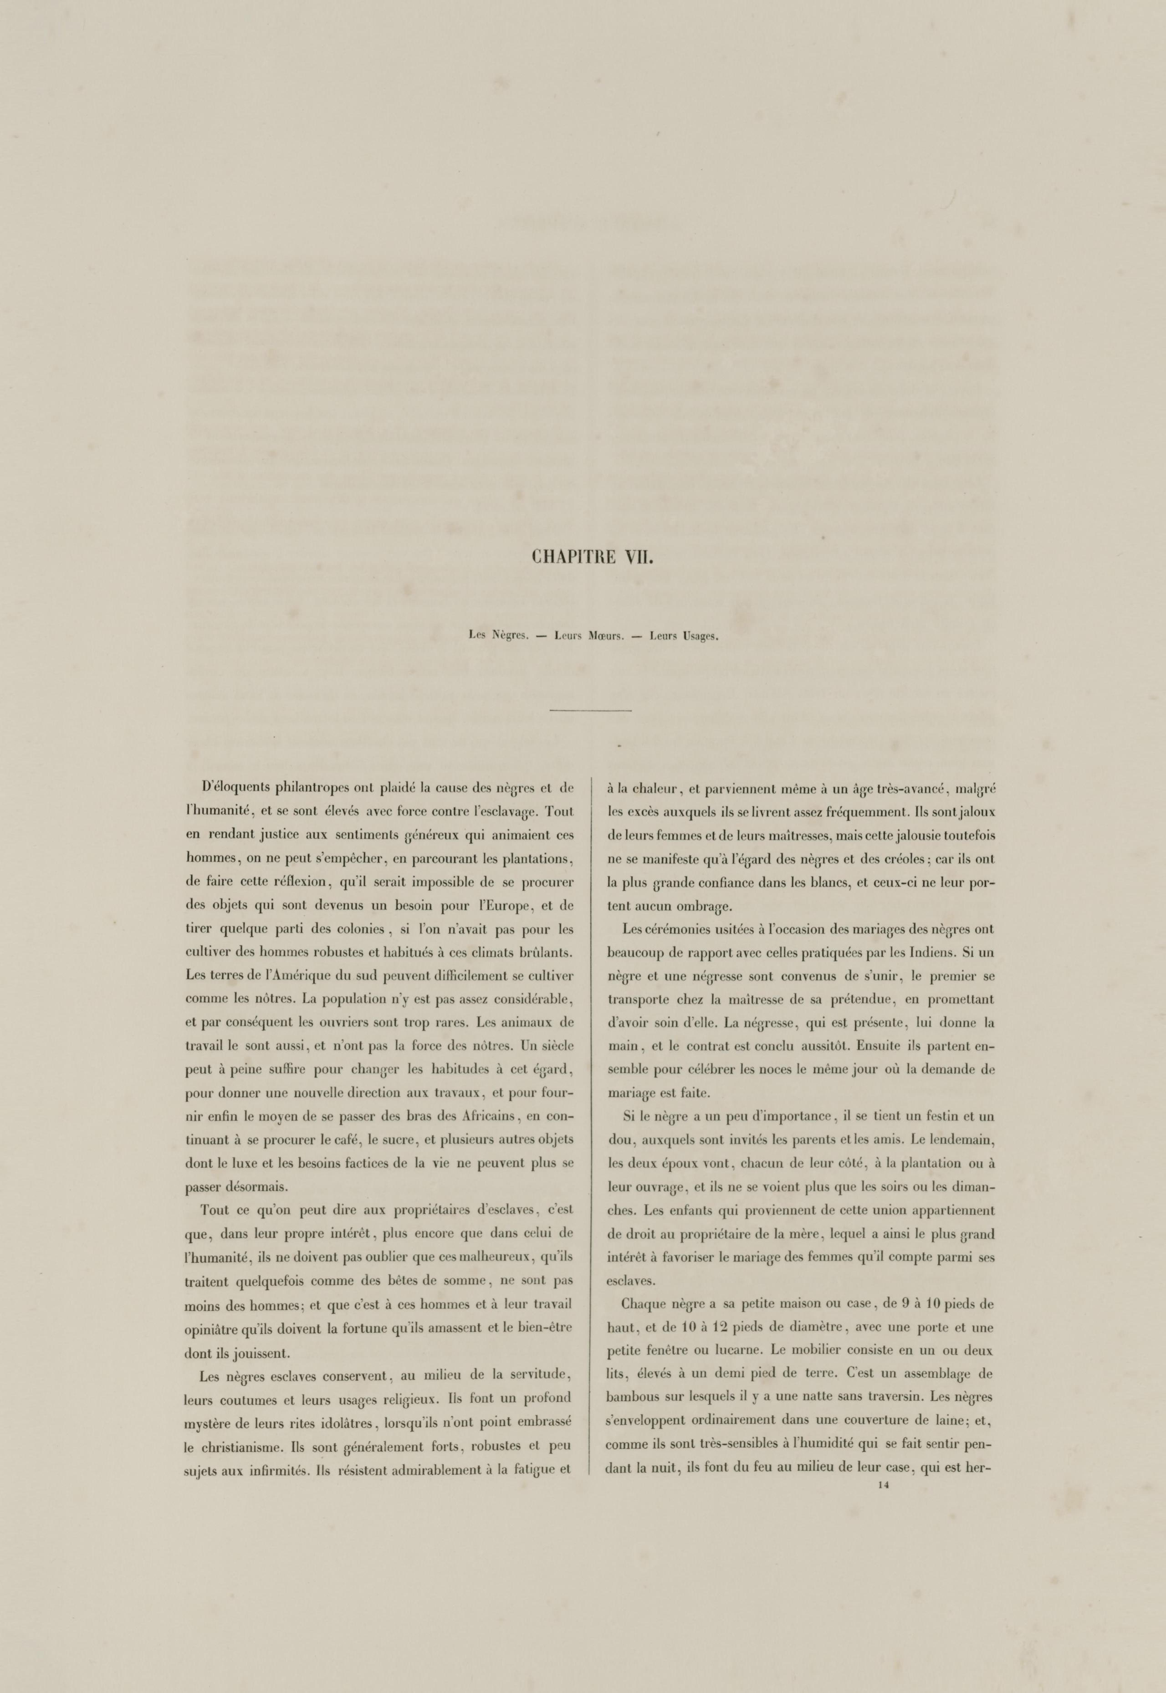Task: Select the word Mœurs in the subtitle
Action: point(601,636)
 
